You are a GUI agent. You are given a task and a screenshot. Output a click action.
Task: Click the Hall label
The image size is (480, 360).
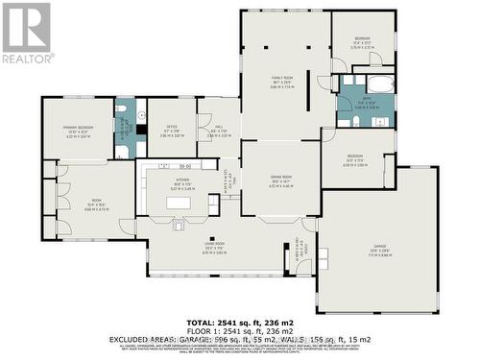pos(218,131)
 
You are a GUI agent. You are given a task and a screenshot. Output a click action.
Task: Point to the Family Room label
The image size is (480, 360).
pos(281,79)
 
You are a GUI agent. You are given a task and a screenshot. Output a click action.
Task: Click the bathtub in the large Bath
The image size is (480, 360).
pos(377,84)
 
